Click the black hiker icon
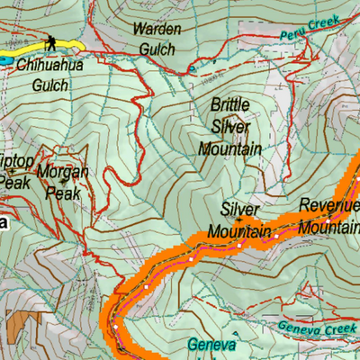pyautogui.click(x=51, y=42)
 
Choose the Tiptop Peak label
pyautogui.click(x=15, y=171)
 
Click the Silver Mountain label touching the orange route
pyautogui.click(x=239, y=220)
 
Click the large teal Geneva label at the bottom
pyautogui.click(x=211, y=346)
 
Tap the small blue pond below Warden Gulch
pyautogui.click(x=191, y=69)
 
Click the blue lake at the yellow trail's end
pyautogui.click(x=5, y=60)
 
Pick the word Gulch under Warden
pyautogui.click(x=157, y=50)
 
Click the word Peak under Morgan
pyautogui.click(x=64, y=193)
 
